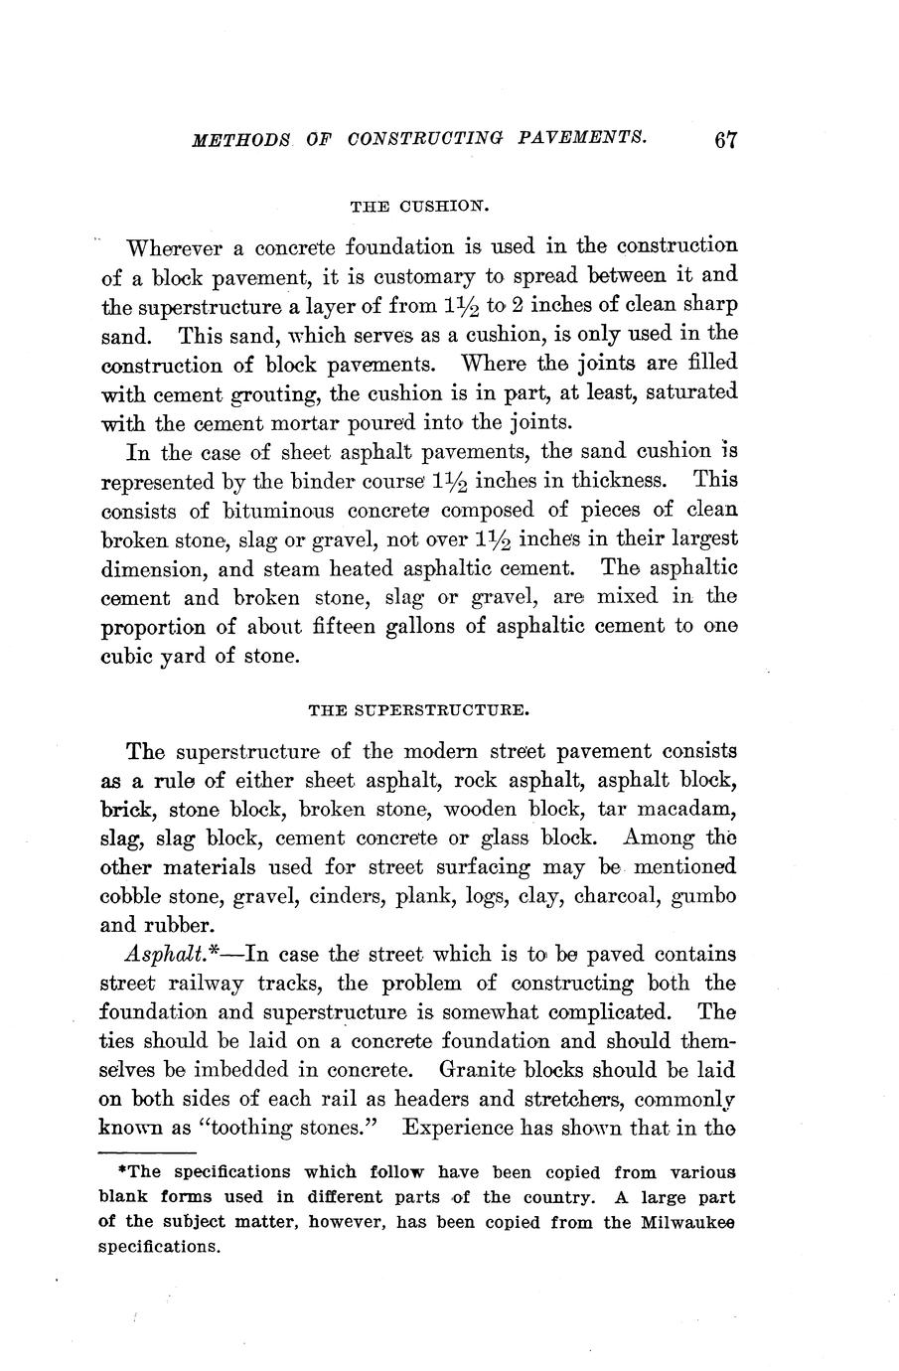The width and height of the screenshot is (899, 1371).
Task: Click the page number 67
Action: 725,139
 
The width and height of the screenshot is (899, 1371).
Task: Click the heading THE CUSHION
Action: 421,206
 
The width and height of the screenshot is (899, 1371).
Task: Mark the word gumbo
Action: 704,896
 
